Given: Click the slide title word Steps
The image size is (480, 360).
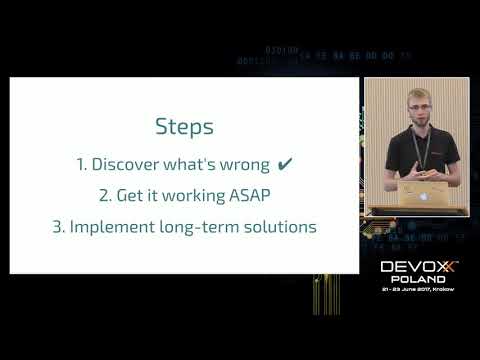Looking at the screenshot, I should pyautogui.click(x=185, y=127).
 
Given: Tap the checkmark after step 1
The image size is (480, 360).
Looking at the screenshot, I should pyautogui.click(x=285, y=162).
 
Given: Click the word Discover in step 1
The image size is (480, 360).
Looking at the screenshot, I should pyautogui.click(x=127, y=162).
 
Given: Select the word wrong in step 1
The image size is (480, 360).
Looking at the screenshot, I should pyautogui.click(x=243, y=162).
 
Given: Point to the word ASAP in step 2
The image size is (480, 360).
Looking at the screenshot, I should pyautogui.click(x=249, y=194).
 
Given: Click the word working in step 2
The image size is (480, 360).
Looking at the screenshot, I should pyautogui.click(x=195, y=194).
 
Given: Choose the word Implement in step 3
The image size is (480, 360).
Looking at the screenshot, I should pyautogui.click(x=107, y=226).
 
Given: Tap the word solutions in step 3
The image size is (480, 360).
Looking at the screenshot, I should pyautogui.click(x=279, y=226).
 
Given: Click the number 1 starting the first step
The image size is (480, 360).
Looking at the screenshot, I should pyautogui.click(x=80, y=162).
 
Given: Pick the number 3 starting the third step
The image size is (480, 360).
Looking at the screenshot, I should pyautogui.click(x=57, y=226).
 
